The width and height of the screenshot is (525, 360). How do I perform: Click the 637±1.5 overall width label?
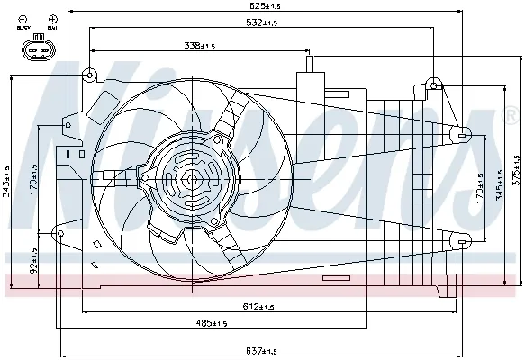tap(261, 350)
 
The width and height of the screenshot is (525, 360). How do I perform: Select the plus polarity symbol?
tap(53, 18)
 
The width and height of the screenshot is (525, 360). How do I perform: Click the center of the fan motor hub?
tap(191, 179)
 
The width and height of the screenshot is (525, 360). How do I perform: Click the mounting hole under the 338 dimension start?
tap(90, 75)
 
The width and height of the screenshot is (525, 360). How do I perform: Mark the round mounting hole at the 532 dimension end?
tap(435, 85)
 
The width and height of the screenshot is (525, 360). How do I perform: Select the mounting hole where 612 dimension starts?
tap(61, 236)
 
